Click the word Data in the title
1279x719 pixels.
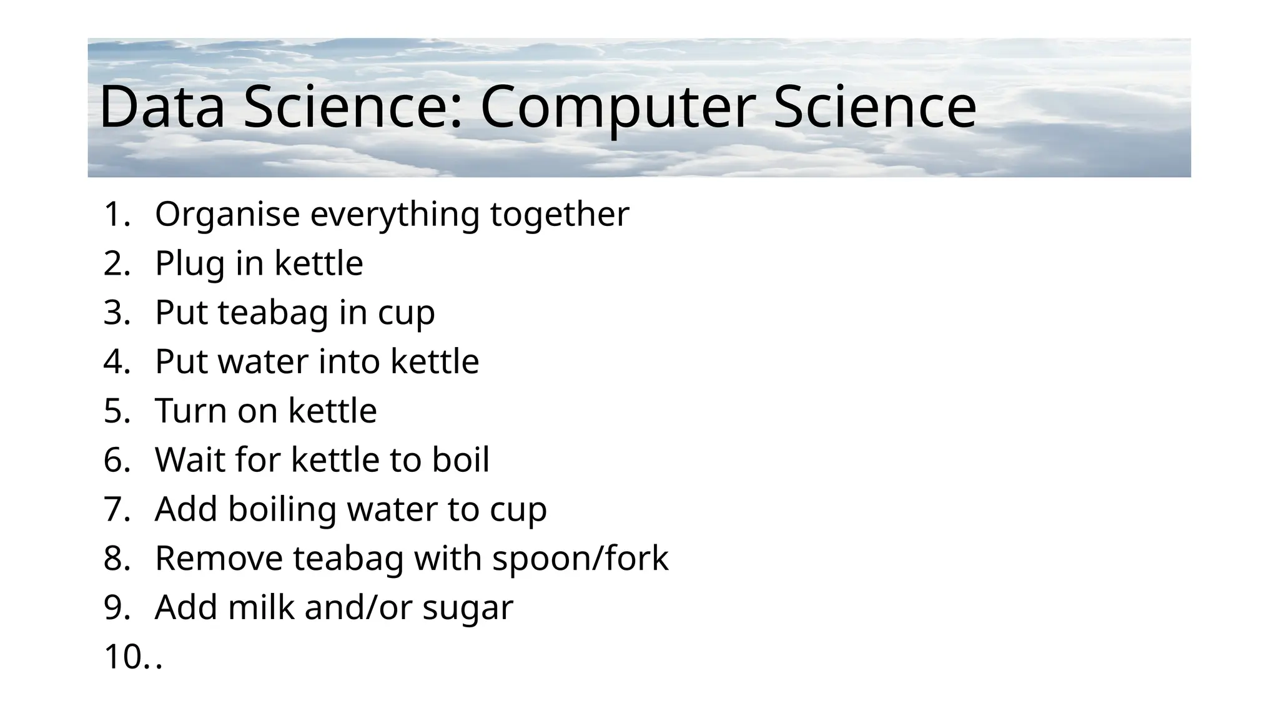[162, 107]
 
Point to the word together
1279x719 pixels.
[560, 214]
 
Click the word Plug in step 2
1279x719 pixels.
[190, 263]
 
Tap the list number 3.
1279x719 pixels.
[116, 312]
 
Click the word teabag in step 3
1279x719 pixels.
[273, 312]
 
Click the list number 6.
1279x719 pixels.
[116, 460]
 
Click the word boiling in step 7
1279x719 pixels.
[282, 509]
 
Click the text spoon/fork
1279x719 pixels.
[580, 558]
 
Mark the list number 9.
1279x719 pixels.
[116, 607]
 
